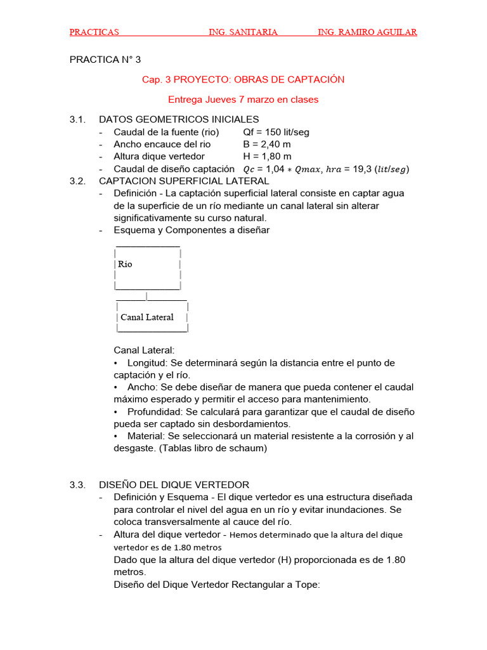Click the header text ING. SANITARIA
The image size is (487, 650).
243,32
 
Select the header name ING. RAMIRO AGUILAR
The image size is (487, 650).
367,32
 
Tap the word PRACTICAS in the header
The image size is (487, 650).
94,32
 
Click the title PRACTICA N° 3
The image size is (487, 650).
105,60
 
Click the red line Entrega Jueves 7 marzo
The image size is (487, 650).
243,100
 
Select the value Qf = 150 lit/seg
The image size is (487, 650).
276,132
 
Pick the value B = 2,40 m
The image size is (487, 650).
267,144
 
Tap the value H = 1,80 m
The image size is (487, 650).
267,156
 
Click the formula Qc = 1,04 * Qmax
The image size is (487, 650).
283,169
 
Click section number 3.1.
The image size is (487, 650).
77,119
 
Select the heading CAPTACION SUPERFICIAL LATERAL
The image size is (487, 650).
185,181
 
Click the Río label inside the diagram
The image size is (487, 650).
125,264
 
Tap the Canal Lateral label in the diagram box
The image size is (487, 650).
147,317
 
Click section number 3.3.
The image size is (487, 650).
77,485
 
